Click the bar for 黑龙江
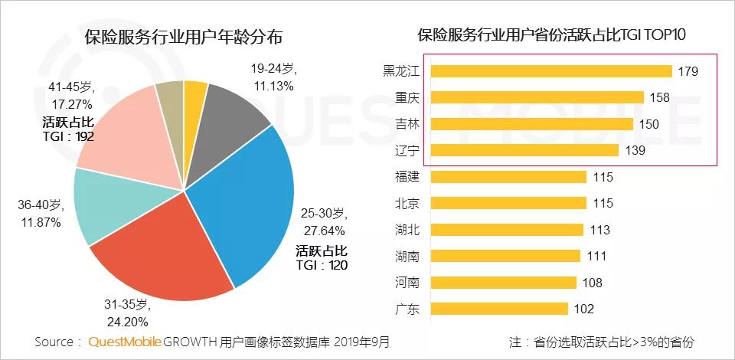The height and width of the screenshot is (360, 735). pos(551,71)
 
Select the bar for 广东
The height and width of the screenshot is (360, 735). pos(499,309)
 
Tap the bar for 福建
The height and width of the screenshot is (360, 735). pos(508,177)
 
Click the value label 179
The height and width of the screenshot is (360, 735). pos(688,72)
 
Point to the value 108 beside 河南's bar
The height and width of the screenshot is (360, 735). pos(592,283)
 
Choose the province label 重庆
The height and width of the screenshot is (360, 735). pos(407,98)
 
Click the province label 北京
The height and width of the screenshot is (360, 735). pos(407,204)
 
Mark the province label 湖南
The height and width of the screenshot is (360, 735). pos(407,257)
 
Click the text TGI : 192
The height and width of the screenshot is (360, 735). pos(68,137)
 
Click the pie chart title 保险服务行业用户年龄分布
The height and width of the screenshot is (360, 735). pos(184,37)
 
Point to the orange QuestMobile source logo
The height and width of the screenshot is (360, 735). pos(126,342)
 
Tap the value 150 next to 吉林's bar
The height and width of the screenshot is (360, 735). pos(648,124)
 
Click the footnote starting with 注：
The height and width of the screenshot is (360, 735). pos(602,342)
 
